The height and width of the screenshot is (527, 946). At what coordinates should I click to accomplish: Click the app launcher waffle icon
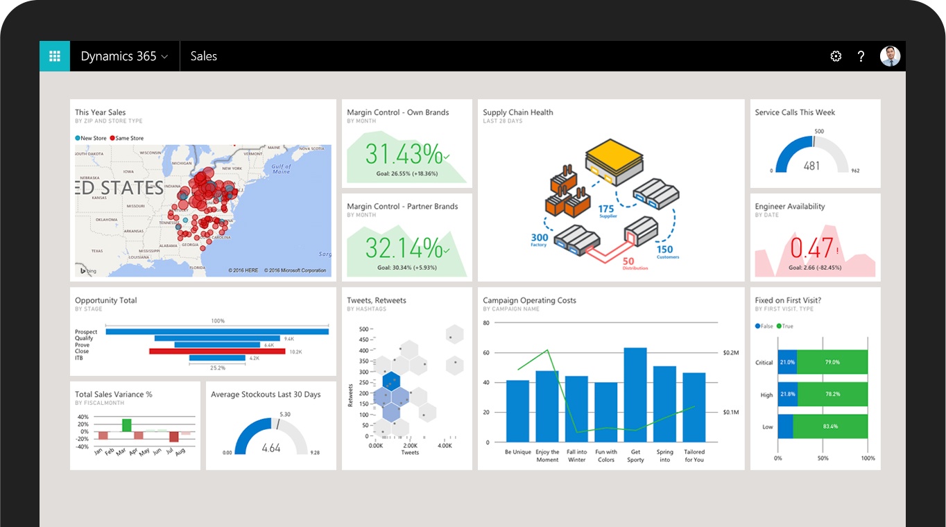pos(55,56)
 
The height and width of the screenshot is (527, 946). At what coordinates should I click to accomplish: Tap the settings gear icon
pos(836,57)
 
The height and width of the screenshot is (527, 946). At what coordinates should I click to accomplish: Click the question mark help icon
pos(861,57)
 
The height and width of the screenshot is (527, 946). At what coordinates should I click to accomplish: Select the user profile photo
pos(890,56)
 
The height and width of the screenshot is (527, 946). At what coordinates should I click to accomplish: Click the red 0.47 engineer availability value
pos(811,248)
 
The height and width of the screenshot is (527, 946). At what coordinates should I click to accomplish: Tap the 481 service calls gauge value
pos(811,166)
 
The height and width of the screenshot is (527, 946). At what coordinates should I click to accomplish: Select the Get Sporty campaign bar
pos(635,395)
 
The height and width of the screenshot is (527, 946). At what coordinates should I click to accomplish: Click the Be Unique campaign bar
pos(517,411)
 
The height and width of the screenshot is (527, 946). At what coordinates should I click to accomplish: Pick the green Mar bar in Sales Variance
pos(127,424)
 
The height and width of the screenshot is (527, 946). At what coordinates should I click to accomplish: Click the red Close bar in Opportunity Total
pos(217,352)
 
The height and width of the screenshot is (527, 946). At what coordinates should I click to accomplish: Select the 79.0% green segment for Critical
pos(832,362)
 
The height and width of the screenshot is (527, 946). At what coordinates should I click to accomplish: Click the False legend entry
pos(764,326)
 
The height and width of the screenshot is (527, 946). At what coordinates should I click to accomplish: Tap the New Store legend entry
pos(91,138)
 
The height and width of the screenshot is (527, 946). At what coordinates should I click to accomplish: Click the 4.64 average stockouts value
pos(271,448)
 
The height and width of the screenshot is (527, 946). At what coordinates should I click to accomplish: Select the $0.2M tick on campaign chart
pos(730,352)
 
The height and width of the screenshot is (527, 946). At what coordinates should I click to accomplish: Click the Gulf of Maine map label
pos(281,169)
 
